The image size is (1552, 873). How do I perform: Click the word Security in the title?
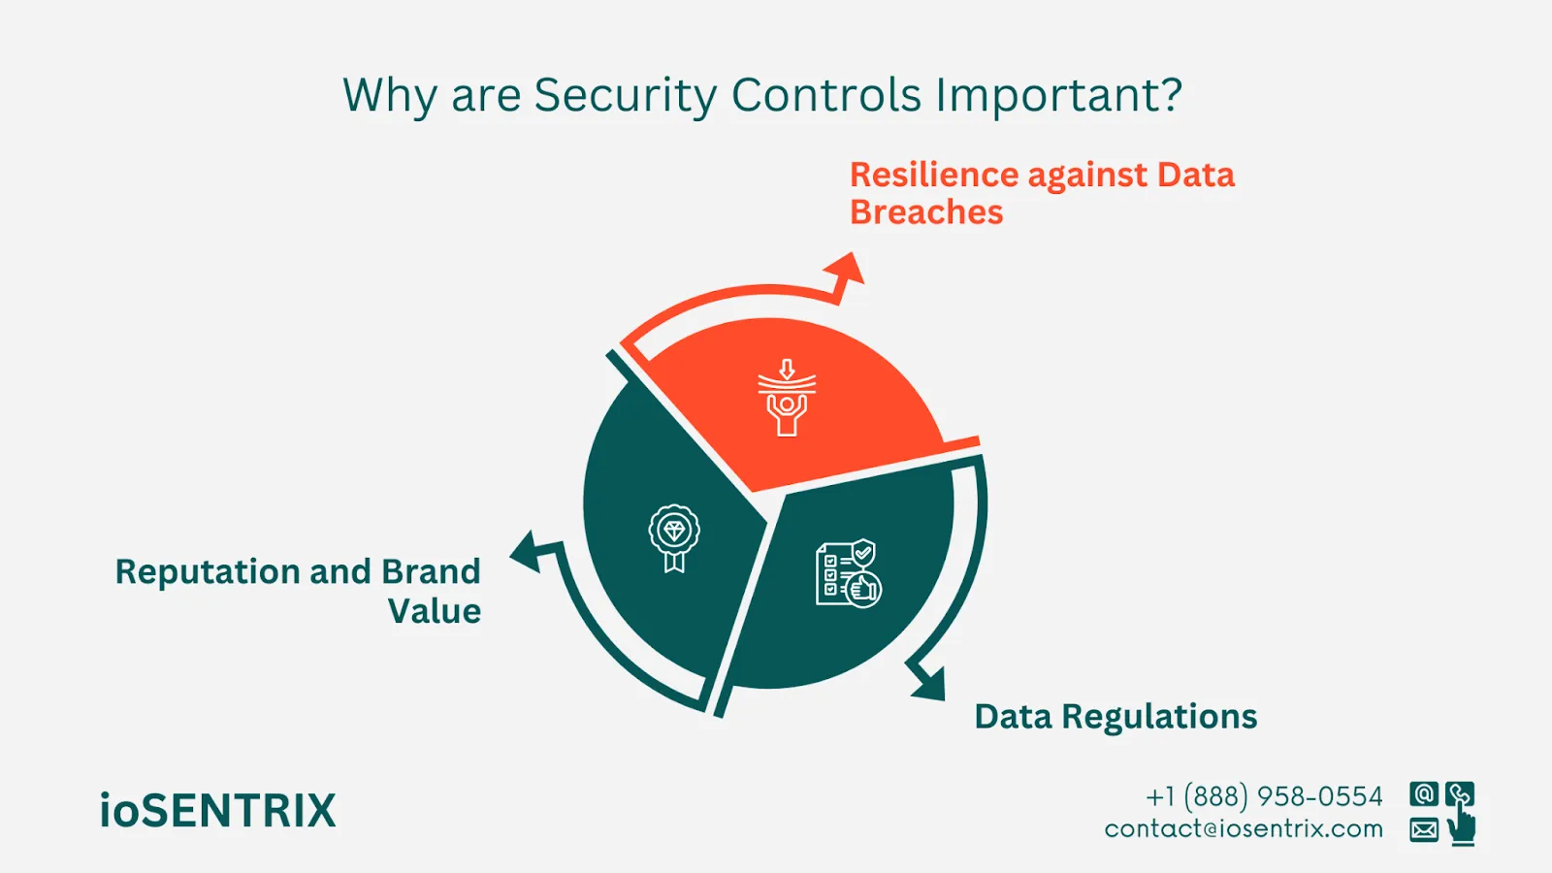(625, 96)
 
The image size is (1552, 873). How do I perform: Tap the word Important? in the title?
(1058, 96)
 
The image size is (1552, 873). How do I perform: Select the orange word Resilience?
(934, 175)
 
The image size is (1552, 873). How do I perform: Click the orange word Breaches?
(926, 212)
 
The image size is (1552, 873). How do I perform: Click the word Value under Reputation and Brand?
(435, 612)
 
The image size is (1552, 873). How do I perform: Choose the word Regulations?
(1159, 717)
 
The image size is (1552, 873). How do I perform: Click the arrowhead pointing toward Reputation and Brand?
(527, 551)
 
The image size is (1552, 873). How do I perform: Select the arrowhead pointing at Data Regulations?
(928, 682)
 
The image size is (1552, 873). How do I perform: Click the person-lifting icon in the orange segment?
(787, 399)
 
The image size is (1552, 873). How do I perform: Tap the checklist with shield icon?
(849, 574)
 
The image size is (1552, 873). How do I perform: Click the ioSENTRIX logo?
(217, 811)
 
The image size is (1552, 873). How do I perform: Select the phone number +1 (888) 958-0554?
(1264, 796)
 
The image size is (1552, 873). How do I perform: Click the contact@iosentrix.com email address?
(1244, 829)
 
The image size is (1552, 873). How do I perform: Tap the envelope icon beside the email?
(1424, 830)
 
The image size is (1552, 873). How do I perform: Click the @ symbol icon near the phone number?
(1424, 794)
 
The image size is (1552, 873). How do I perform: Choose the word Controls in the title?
(826, 96)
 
